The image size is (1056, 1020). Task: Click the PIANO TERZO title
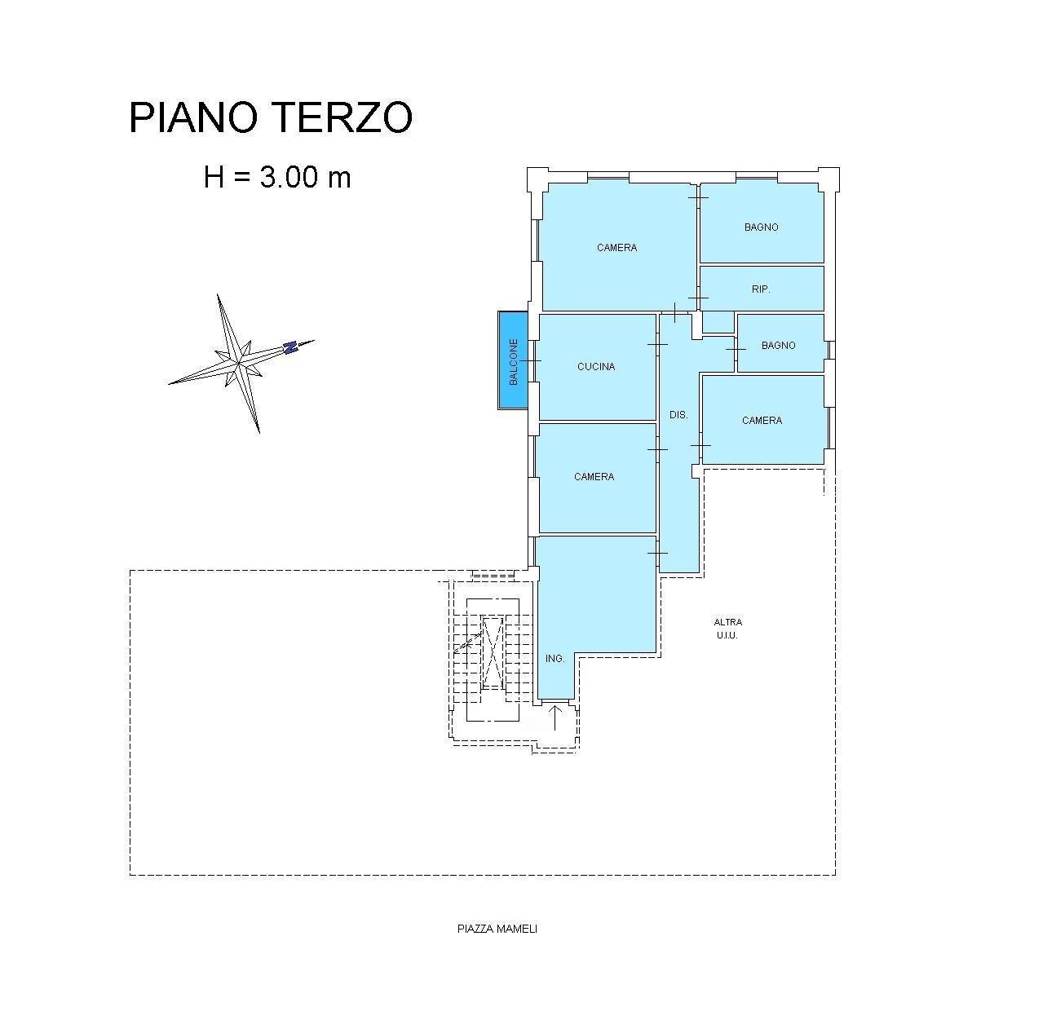[x=271, y=118]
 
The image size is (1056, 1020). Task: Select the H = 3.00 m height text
[x=277, y=177]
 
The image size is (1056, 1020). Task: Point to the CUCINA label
[x=596, y=367]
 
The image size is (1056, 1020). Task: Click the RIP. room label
[x=761, y=289]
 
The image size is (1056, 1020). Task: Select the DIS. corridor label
[x=678, y=415]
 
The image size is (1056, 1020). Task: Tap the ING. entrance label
[x=555, y=659]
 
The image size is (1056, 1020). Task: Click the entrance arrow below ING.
[x=555, y=718]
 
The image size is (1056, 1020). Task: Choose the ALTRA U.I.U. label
[x=727, y=629]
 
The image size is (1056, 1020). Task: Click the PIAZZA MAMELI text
[x=497, y=929]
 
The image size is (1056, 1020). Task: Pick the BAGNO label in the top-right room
[x=761, y=227]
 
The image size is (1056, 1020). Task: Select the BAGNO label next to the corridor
[x=778, y=346]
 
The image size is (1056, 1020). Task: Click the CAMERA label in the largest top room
[x=616, y=248]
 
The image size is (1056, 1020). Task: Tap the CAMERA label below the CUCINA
[x=594, y=477]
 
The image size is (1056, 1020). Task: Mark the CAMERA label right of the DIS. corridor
[x=762, y=421]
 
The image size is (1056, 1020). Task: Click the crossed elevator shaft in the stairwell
[x=493, y=652]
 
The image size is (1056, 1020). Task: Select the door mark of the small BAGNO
[x=736, y=349]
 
